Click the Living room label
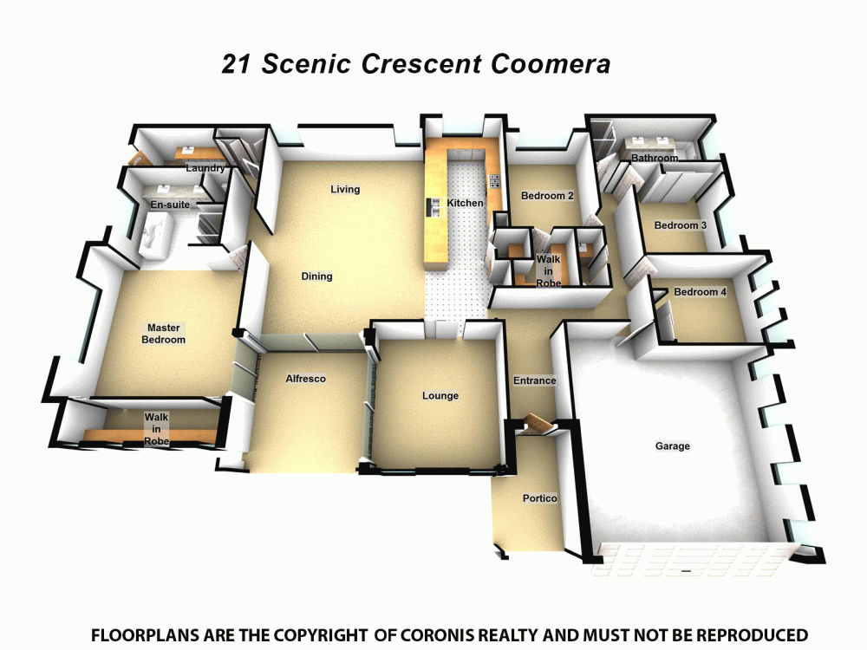[345, 189]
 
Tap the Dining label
[316, 276]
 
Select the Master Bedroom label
[163, 334]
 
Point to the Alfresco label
[306, 379]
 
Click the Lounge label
[440, 396]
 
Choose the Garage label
[673, 446]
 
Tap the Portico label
[539, 498]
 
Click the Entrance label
[534, 380]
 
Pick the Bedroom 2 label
[547, 196]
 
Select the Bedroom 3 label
[680, 225]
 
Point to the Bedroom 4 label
[700, 291]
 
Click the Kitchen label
[465, 203]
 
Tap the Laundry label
[205, 168]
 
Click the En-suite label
[170, 205]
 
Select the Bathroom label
[655, 158]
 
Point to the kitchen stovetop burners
[495, 180]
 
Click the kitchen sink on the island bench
[432, 207]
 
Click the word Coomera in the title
[551, 63]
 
